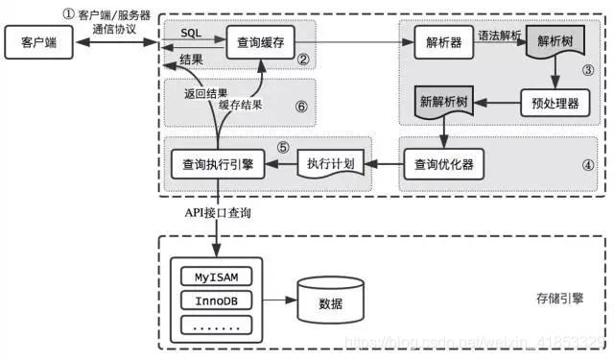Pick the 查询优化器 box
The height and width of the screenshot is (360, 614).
pos(442,164)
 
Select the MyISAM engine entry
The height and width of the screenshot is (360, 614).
pos(216,277)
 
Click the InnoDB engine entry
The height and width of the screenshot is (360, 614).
pos(216,301)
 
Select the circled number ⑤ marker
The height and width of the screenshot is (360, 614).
pos(282,147)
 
